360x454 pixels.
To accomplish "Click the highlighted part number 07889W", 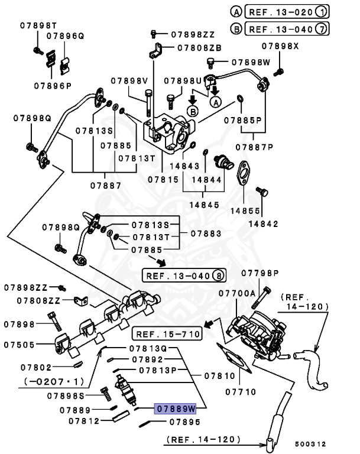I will pyautogui.click(x=175, y=408).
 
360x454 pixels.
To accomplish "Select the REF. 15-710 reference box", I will pyautogui.click(x=167, y=335).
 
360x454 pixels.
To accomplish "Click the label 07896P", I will pyautogui.click(x=53, y=85).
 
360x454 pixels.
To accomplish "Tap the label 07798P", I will pyautogui.click(x=261, y=273).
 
